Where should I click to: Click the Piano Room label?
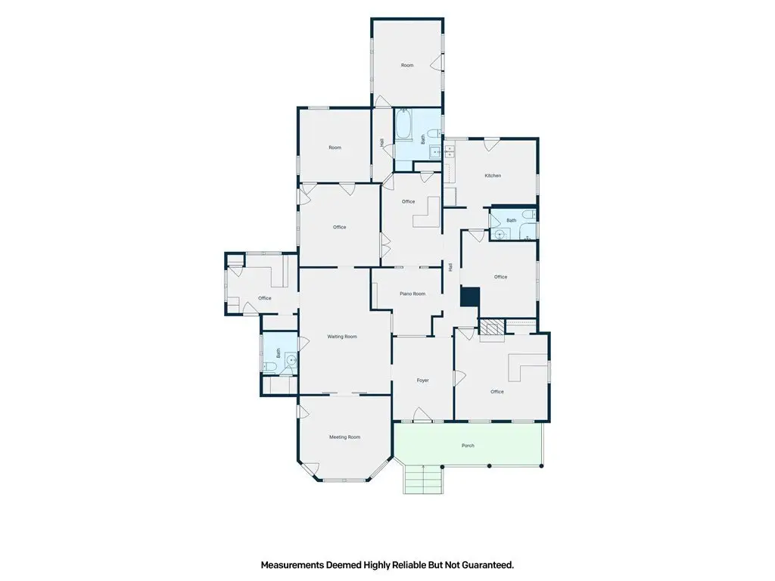click(412, 294)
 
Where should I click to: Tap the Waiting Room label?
click(342, 337)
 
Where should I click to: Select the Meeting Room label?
click(345, 437)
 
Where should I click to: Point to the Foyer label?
click(422, 381)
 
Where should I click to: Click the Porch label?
click(468, 446)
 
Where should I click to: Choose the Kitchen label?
click(493, 176)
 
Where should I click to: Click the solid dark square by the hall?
click(470, 297)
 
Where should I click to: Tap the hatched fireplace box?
click(492, 327)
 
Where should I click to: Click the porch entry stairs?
click(422, 479)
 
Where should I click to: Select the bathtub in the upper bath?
click(401, 126)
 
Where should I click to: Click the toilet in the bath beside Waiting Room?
click(270, 366)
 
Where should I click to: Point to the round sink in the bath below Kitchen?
click(500, 235)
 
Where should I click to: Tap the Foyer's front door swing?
click(422, 415)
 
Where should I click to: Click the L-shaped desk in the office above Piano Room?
click(427, 213)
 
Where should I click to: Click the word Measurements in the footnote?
click(293, 564)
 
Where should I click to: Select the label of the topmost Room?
click(407, 65)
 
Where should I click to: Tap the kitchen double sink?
click(450, 151)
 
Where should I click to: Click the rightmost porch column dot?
click(542, 466)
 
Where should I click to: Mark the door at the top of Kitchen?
click(490, 144)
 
